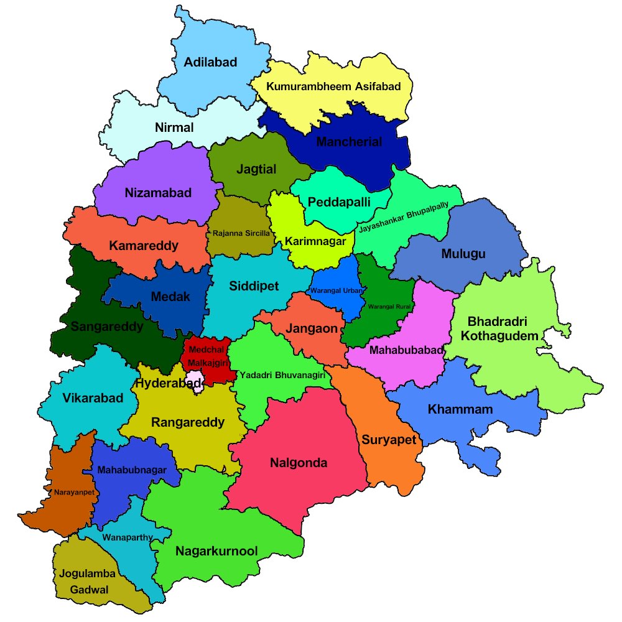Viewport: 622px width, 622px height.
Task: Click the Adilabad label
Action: tap(210, 62)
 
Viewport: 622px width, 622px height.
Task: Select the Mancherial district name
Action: tap(349, 142)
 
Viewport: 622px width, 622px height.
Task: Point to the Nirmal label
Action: tap(174, 128)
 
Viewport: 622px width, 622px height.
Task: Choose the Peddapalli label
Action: tap(339, 202)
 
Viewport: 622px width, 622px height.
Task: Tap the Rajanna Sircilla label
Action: tap(241, 233)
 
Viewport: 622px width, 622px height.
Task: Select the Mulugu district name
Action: tap(463, 254)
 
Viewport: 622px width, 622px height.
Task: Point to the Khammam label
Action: tap(460, 409)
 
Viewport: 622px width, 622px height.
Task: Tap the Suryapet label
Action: tap(389, 440)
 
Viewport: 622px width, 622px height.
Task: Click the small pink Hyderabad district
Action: tap(197, 381)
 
